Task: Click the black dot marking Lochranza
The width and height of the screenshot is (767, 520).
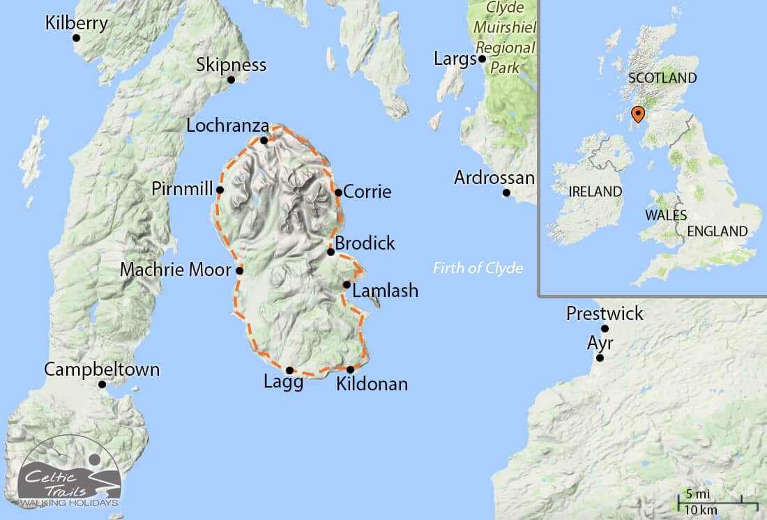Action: pyautogui.click(x=264, y=140)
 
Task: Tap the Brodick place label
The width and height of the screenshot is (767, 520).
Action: pyautogui.click(x=365, y=243)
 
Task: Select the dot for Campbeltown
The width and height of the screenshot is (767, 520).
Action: pyautogui.click(x=102, y=384)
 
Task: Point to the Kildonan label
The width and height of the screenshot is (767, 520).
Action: pyautogui.click(x=372, y=383)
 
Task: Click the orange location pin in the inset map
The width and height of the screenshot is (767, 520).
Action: pyautogui.click(x=637, y=114)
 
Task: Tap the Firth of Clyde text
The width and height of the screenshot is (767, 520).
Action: pyautogui.click(x=478, y=268)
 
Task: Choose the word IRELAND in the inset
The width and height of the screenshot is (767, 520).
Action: pyautogui.click(x=595, y=191)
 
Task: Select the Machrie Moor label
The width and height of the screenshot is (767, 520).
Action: pyautogui.click(x=175, y=269)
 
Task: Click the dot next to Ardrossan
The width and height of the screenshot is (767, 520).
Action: pyautogui.click(x=507, y=193)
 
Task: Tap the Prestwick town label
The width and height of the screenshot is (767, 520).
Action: pyautogui.click(x=605, y=314)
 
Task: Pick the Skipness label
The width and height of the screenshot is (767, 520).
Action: pyautogui.click(x=231, y=65)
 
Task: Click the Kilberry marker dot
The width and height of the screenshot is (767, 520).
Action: pyautogui.click(x=76, y=38)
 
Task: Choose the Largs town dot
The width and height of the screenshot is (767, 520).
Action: pyautogui.click(x=482, y=59)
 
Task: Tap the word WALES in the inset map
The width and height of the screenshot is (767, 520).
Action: pyautogui.click(x=665, y=215)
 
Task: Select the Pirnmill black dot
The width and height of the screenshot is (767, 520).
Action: pyautogui.click(x=220, y=190)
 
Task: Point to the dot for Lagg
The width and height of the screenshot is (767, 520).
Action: pyautogui.click(x=289, y=370)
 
